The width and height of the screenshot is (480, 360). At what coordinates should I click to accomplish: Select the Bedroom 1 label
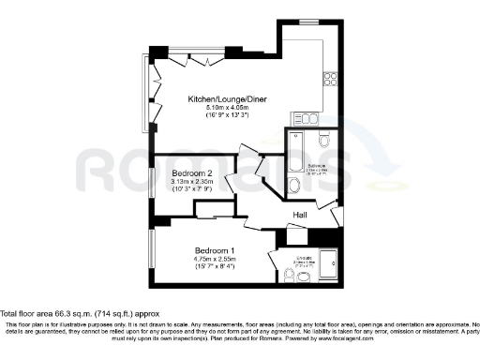coord(214,249)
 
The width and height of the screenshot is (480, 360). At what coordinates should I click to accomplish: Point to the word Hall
coord(300,215)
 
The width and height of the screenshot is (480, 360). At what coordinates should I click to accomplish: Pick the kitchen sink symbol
coord(306,116)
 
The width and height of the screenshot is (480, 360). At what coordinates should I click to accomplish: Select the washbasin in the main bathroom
coord(292,187)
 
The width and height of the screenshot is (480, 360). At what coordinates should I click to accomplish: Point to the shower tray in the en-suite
coord(331,263)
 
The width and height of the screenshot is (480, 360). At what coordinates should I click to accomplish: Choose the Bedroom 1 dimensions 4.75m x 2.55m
coord(214,261)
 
